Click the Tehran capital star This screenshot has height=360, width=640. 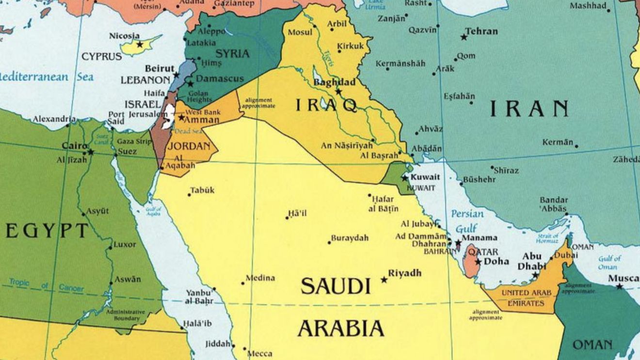click(x=464, y=37)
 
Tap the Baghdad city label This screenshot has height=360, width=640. click(x=334, y=82)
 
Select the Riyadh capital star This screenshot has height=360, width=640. click(x=384, y=280)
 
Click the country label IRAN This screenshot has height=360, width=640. click(x=528, y=109)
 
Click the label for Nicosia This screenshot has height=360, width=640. click(x=124, y=35)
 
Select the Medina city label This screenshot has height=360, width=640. click(x=260, y=278)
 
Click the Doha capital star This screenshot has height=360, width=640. click(x=478, y=262)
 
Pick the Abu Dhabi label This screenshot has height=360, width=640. click(x=532, y=261)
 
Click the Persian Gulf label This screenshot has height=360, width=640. click(x=467, y=220)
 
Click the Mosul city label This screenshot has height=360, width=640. click(x=300, y=32)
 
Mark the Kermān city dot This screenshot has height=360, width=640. click(x=576, y=145)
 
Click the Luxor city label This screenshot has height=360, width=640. click(x=125, y=245)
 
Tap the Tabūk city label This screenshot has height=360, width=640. click(x=202, y=190)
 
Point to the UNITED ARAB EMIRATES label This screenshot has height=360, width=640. click(x=522, y=298)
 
